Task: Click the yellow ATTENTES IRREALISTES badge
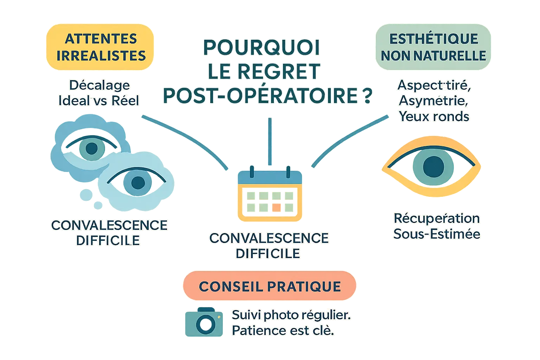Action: [100, 47]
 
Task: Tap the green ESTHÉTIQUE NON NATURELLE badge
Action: [433, 47]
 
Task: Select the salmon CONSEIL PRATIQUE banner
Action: [270, 286]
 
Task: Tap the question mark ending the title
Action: [366, 96]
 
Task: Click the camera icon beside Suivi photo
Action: [204, 322]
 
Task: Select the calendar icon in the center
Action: [270, 195]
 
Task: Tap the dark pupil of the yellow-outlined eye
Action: [433, 166]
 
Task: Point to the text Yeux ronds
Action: [434, 116]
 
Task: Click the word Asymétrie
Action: [433, 101]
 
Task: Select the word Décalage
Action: [99, 85]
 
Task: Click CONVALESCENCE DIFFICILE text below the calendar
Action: [269, 245]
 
